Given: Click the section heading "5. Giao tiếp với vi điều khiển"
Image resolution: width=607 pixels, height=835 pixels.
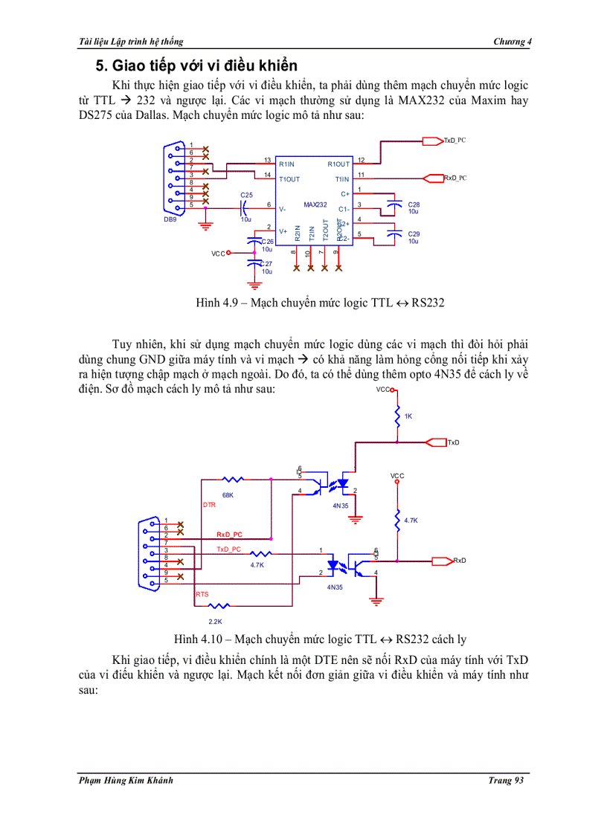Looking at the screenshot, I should [x=192, y=65].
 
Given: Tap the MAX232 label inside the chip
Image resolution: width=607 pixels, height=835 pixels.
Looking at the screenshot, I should [x=315, y=204].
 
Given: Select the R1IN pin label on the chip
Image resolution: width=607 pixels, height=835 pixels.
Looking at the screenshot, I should [x=287, y=164].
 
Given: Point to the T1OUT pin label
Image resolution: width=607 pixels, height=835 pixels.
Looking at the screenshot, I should [x=289, y=179].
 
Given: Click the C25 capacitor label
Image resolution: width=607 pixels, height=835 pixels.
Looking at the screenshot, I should [x=246, y=195].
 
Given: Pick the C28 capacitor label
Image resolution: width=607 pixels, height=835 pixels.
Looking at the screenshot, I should [x=414, y=204].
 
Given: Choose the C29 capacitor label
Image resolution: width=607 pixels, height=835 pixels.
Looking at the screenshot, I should [x=414, y=233].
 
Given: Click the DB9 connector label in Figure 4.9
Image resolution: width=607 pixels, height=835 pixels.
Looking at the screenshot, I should [x=170, y=219].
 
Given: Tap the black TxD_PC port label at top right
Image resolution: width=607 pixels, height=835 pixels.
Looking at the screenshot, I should [x=455, y=140].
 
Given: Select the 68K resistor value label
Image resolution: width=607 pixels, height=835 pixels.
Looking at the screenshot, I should [x=228, y=494].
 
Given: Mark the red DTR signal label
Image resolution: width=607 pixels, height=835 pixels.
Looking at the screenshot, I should [x=209, y=505].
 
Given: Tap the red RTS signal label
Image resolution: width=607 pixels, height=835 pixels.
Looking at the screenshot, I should [x=202, y=595].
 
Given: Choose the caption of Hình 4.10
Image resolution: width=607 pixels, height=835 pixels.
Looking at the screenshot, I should [x=320, y=639].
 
